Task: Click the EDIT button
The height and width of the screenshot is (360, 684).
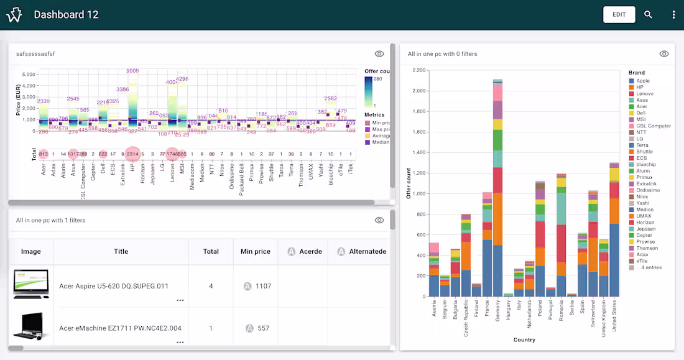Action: coord(619,14)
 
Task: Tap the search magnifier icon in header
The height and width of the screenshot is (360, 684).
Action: coord(648,14)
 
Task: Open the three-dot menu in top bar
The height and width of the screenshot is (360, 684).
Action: coord(673,14)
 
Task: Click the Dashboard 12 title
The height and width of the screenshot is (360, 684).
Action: coord(66,14)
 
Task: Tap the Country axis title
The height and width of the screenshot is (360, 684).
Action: coord(524,339)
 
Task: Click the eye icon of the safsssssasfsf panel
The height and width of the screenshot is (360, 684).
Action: coord(379,54)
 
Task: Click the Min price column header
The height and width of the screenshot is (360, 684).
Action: coord(255,251)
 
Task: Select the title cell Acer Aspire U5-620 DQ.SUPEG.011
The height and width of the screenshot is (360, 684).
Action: coord(121,286)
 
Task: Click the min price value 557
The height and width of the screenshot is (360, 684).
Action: coord(263,328)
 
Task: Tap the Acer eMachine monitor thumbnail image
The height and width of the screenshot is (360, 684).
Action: coord(30,326)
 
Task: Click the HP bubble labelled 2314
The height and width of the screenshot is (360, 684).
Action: coord(132,154)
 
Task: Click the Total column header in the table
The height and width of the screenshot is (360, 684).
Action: coord(211,251)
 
